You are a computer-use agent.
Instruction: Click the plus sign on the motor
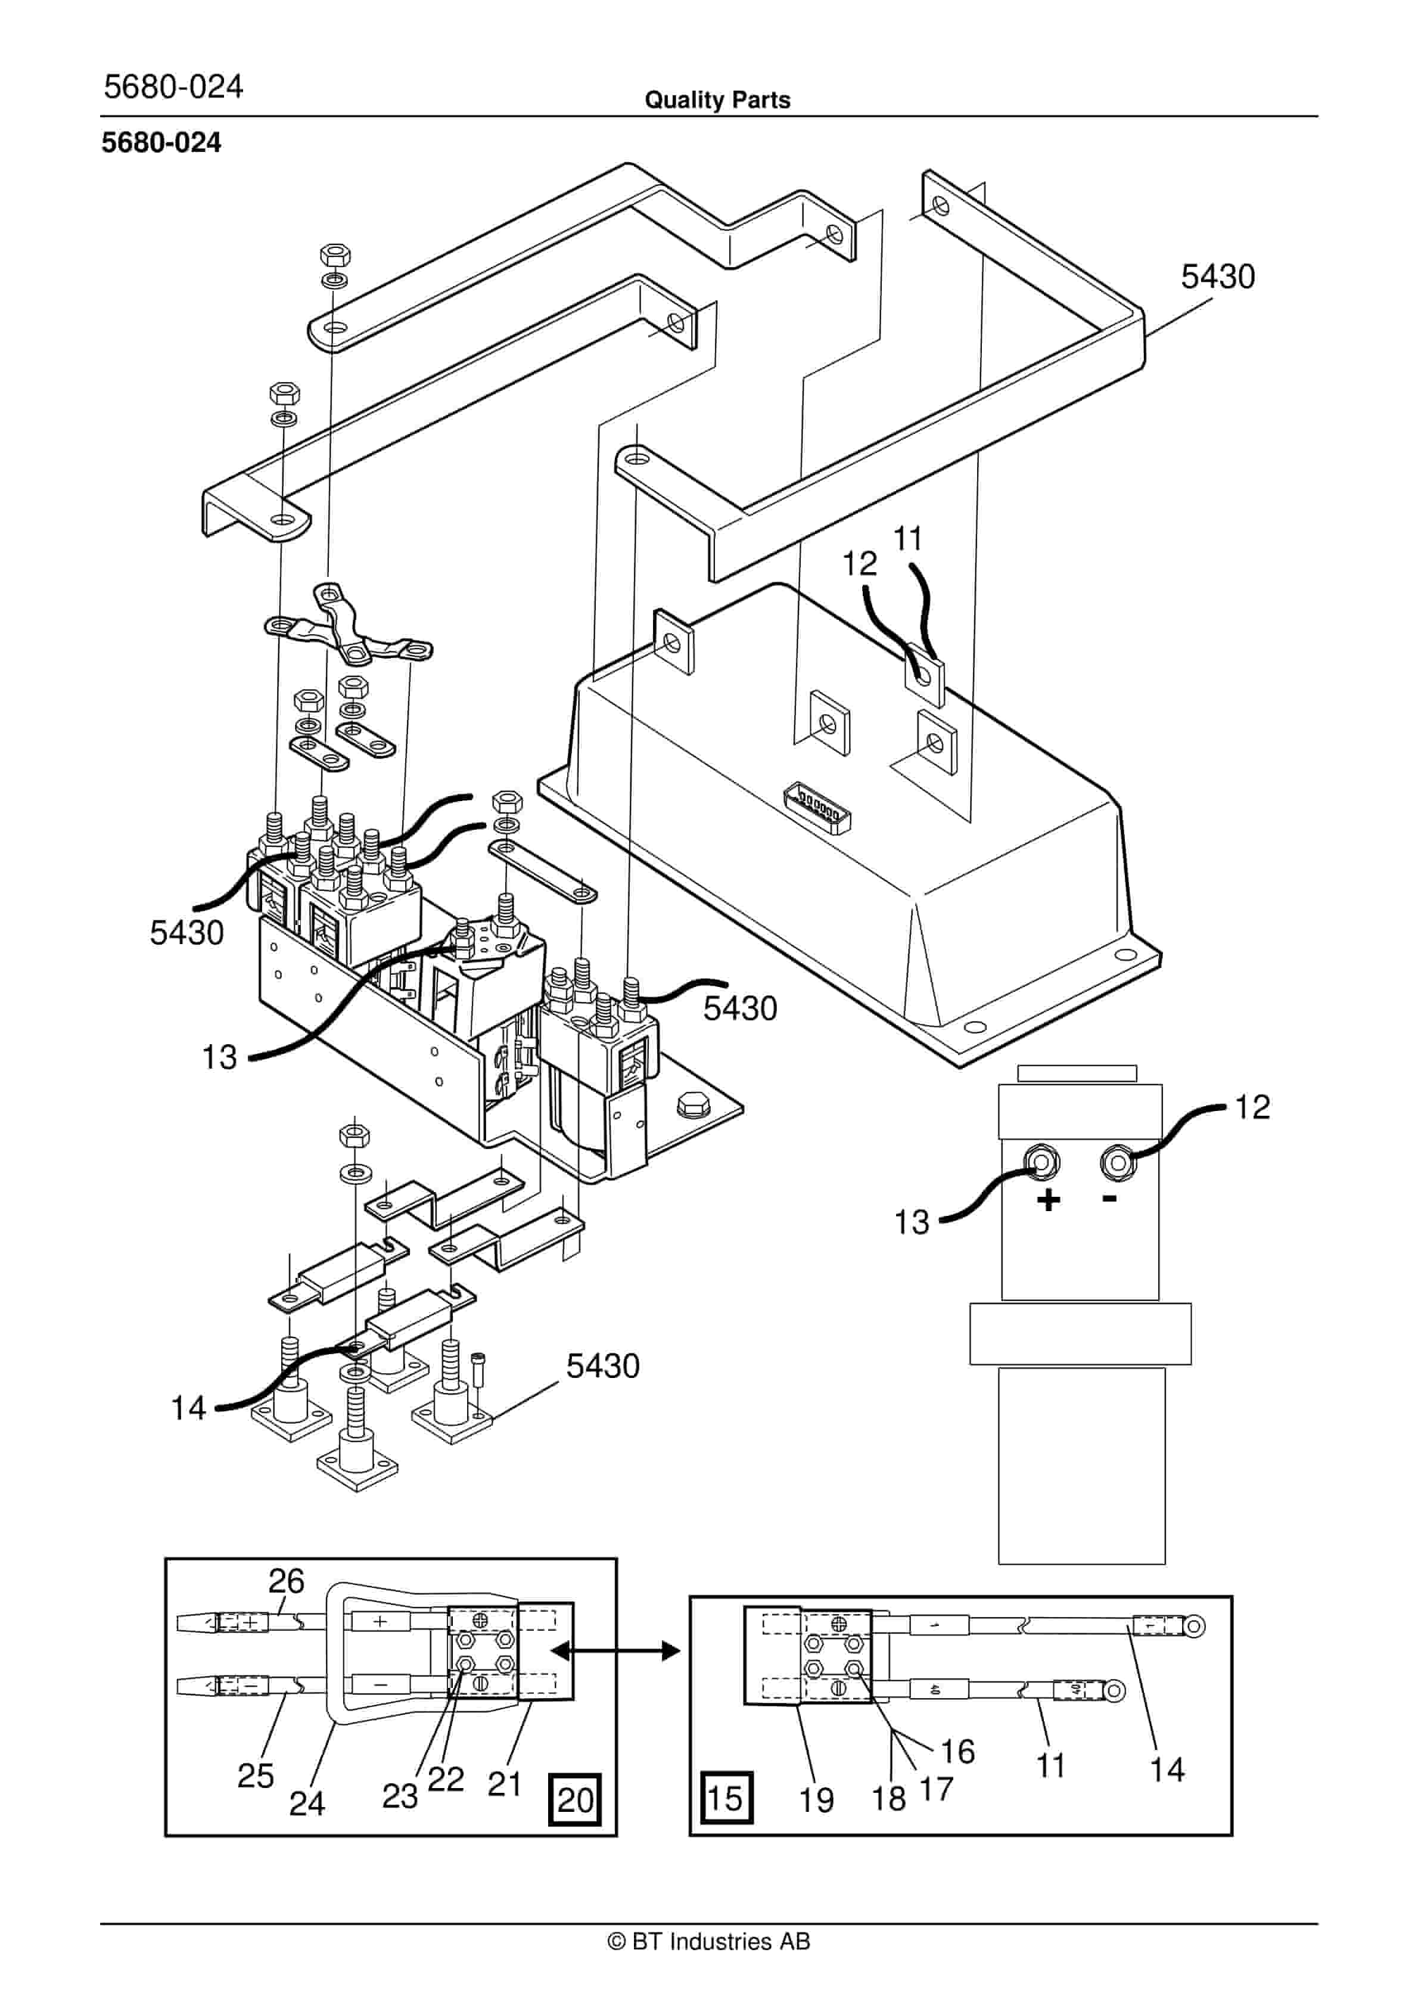pyautogui.click(x=1049, y=1200)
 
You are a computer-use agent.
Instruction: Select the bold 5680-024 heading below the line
pyautogui.click(x=161, y=142)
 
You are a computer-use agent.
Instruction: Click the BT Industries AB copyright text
pyautogui.click(x=708, y=1941)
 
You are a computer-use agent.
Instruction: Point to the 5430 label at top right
pyautogui.click(x=1217, y=277)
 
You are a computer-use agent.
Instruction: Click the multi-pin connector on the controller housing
pyautogui.click(x=818, y=807)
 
